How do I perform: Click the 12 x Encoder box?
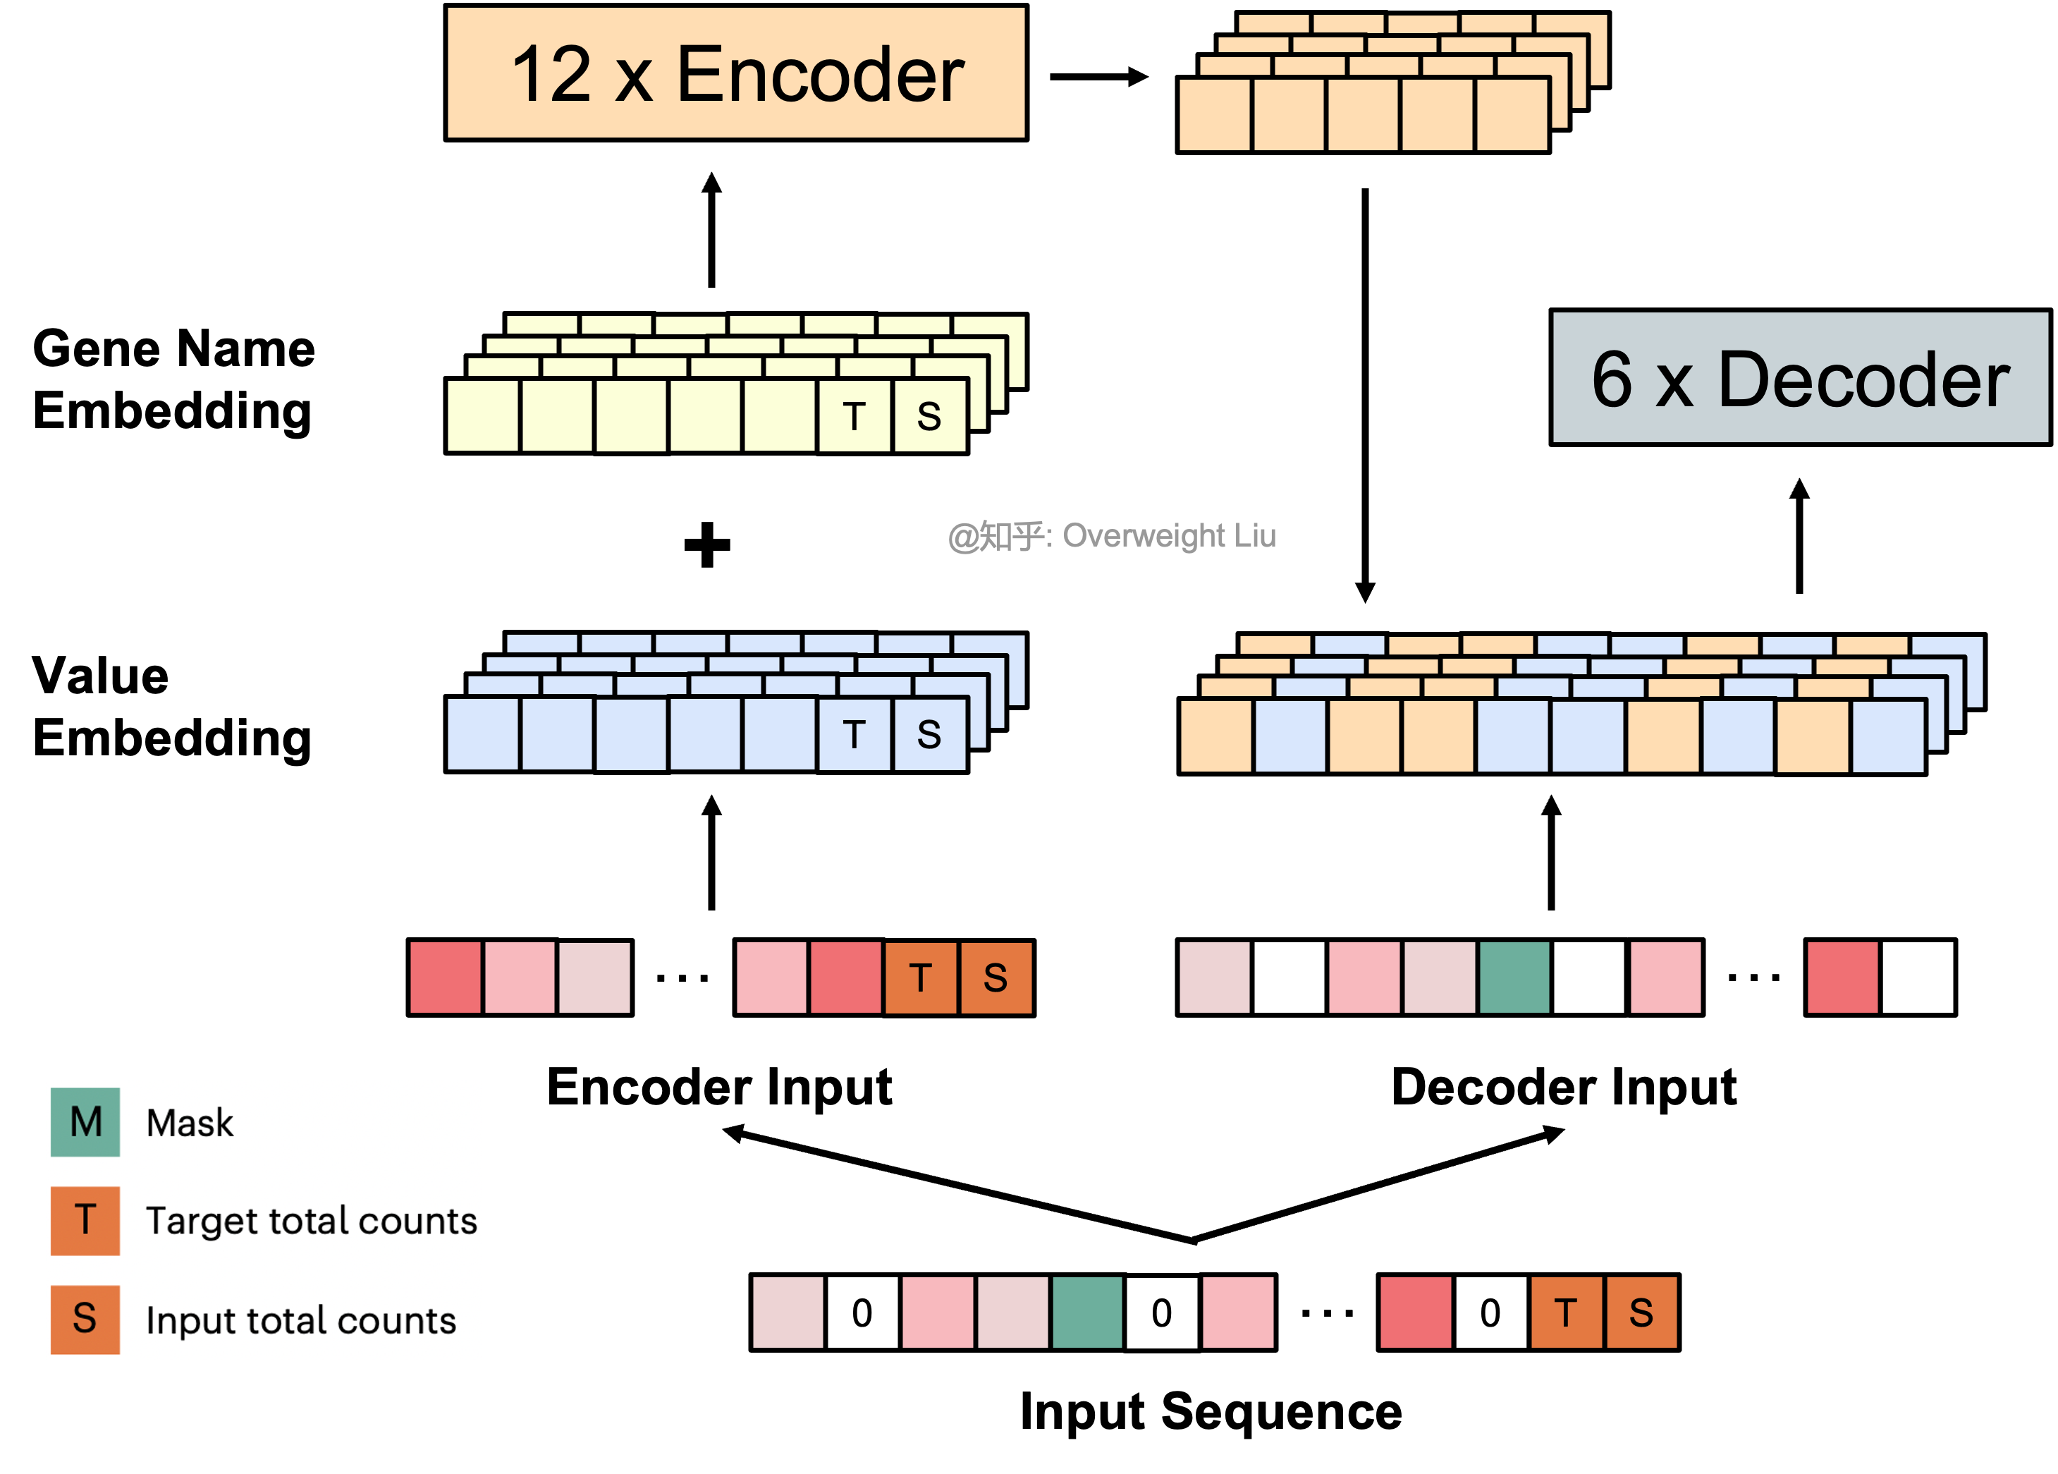click(x=736, y=73)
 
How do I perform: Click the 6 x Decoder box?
click(x=1799, y=377)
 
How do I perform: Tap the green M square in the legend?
click(x=85, y=1122)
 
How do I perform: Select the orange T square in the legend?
click(x=85, y=1220)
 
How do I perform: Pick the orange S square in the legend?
click(x=85, y=1319)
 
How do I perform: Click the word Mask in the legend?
click(x=190, y=1123)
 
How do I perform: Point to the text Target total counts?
click(x=311, y=1222)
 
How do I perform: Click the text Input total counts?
click(x=300, y=1321)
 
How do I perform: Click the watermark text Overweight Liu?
click(x=1169, y=535)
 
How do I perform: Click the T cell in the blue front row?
click(x=854, y=734)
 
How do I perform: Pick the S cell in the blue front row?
click(x=929, y=734)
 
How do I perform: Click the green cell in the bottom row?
click(x=1087, y=1312)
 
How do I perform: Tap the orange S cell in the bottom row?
click(x=1641, y=1312)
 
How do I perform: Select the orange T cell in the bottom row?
click(x=1565, y=1312)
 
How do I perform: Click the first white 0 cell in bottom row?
click(x=862, y=1312)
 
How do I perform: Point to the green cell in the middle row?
click(x=1514, y=977)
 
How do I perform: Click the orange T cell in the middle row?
click(x=920, y=977)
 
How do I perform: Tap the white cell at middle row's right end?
click(x=1918, y=977)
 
